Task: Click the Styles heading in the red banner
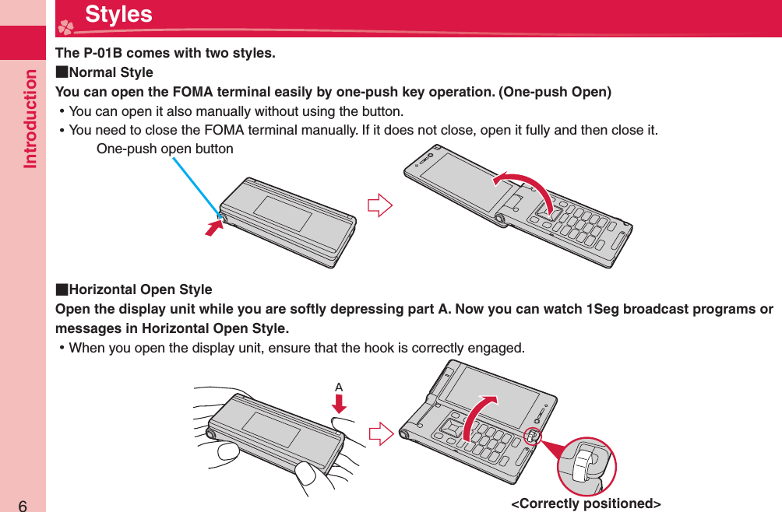coord(118,15)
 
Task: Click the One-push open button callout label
coord(164,148)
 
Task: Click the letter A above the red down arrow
coord(339,386)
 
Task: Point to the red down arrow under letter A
coord(339,403)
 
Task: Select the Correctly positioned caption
coord(586,503)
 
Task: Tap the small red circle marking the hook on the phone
coord(531,437)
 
